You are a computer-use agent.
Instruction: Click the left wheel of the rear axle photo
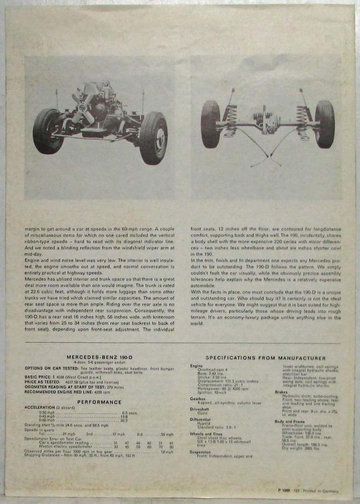210,124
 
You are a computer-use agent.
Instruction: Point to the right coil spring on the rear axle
303,122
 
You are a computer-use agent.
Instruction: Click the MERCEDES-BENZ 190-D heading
99,357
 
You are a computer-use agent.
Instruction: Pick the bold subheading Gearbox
197,398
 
